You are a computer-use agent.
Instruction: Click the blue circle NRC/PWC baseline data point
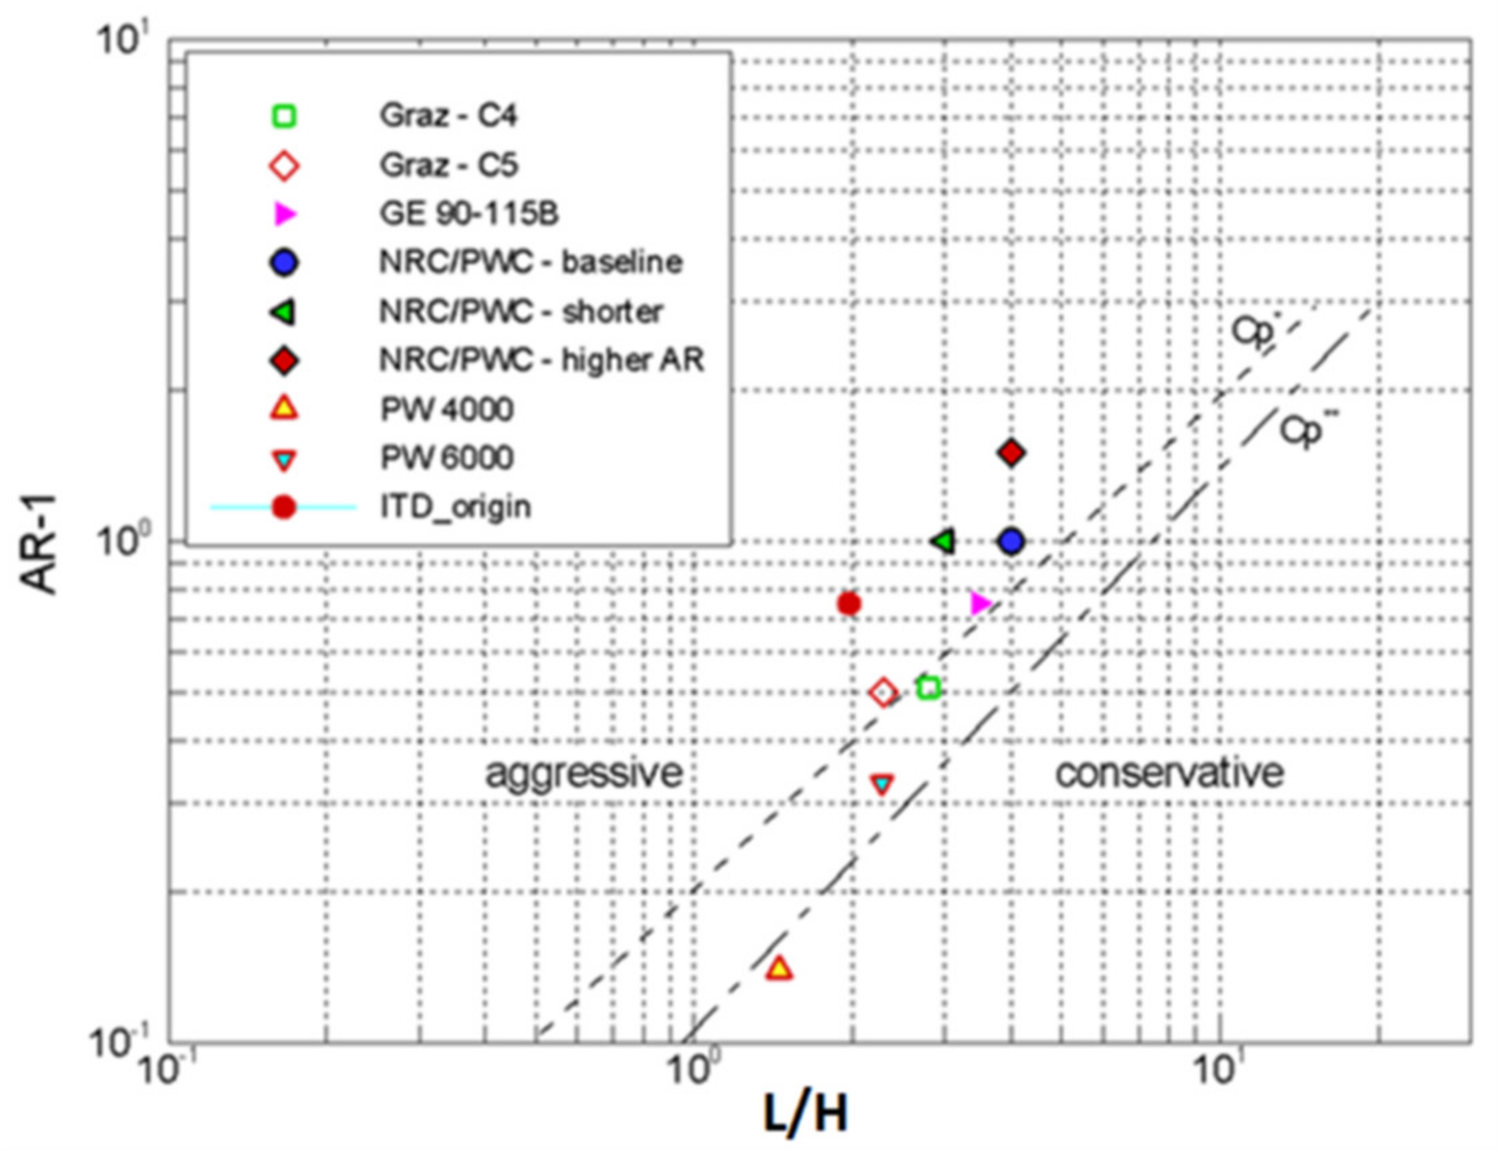(1011, 541)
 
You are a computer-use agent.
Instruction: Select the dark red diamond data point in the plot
(1011, 453)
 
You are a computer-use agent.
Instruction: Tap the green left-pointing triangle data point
(945, 541)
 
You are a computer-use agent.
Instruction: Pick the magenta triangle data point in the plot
(980, 603)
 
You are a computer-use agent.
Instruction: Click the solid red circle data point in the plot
(849, 604)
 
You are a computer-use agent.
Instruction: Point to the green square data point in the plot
(929, 688)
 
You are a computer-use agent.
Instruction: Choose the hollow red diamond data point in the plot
(883, 692)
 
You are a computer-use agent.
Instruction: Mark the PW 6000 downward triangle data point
(882, 784)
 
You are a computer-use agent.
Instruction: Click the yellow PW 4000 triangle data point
(778, 968)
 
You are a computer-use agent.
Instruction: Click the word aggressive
(584, 773)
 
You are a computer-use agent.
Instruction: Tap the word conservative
(1169, 773)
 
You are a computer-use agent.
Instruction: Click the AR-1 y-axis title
(39, 542)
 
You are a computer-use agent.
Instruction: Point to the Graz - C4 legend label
(448, 116)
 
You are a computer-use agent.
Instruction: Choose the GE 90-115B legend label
(469, 214)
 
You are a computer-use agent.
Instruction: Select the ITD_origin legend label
(456, 507)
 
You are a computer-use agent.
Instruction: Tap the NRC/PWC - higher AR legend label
(542, 360)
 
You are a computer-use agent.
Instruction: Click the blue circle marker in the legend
(284, 264)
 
